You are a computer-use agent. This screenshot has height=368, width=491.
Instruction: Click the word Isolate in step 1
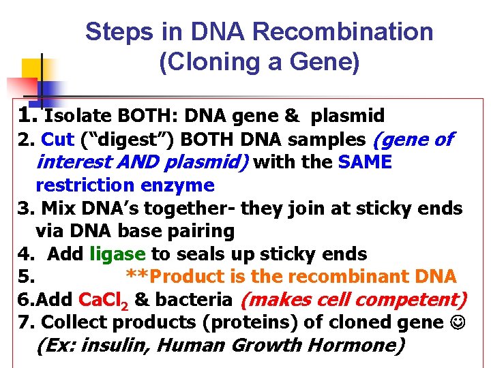point(78,116)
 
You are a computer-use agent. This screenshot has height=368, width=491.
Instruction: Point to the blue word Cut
point(57,140)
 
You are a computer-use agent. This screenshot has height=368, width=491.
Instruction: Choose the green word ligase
point(117,254)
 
